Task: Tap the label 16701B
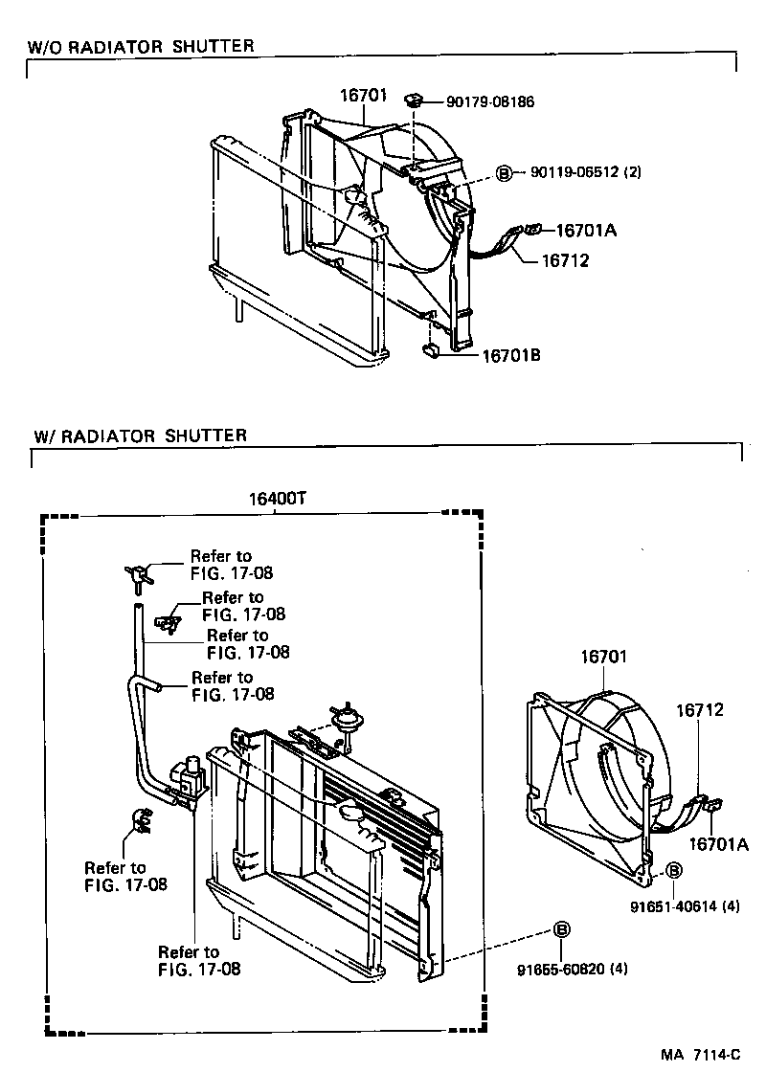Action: point(510,355)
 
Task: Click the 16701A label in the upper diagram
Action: point(587,230)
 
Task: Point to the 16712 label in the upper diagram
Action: point(565,260)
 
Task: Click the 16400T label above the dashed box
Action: point(276,499)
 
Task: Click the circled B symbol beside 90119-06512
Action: point(504,173)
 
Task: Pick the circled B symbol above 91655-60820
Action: point(562,929)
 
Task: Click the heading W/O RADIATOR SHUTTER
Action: point(140,46)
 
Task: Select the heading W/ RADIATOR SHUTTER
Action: point(140,435)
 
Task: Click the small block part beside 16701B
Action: point(431,350)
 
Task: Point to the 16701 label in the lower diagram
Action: point(603,658)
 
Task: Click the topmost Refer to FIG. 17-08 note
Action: point(220,565)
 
